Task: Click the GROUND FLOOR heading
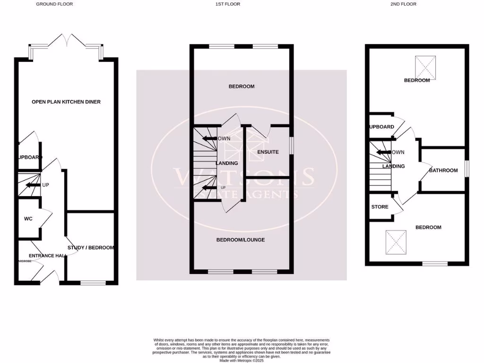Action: point(54,4)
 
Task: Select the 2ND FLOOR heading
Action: point(404,4)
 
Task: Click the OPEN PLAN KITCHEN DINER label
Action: point(66,102)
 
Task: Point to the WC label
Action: point(28,219)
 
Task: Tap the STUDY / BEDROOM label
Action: point(91,248)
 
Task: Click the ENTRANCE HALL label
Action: point(42,256)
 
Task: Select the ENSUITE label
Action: point(268,152)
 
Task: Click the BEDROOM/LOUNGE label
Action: point(241,240)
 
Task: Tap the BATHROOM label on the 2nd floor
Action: point(443,170)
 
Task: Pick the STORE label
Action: point(380,207)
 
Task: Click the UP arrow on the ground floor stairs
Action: point(33,185)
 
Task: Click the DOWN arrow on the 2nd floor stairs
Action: point(383,152)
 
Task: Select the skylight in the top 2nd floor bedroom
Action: point(425,68)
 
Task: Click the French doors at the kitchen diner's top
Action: point(66,42)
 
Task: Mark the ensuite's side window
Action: point(290,145)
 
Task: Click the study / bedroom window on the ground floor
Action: point(93,283)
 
